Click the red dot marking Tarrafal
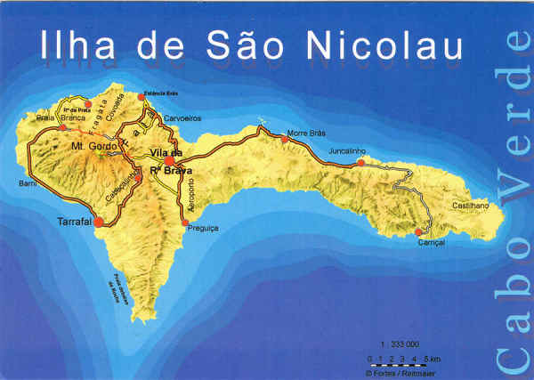(99, 222)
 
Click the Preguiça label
(204, 229)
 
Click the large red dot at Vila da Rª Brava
(168, 161)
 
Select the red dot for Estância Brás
(141, 96)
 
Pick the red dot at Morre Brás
(285, 138)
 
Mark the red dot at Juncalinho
(360, 163)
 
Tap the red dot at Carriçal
(417, 232)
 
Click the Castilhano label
(472, 206)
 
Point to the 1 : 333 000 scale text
(400, 344)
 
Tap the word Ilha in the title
(74, 47)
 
